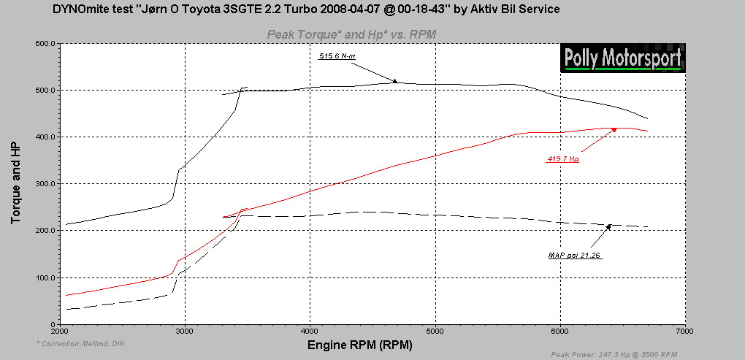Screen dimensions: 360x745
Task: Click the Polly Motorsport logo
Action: (x=623, y=58)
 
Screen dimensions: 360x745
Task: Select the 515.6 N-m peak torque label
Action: (x=336, y=55)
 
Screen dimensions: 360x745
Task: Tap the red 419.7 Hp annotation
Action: (x=562, y=159)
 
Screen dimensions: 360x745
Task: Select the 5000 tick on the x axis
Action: (x=435, y=331)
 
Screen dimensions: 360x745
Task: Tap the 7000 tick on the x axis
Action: (x=684, y=331)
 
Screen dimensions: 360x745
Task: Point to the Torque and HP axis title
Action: (x=15, y=183)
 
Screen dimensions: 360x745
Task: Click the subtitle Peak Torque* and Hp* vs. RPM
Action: (x=352, y=34)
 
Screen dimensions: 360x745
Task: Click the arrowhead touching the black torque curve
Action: (x=394, y=81)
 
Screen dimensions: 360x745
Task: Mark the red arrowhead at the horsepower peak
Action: (x=614, y=129)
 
